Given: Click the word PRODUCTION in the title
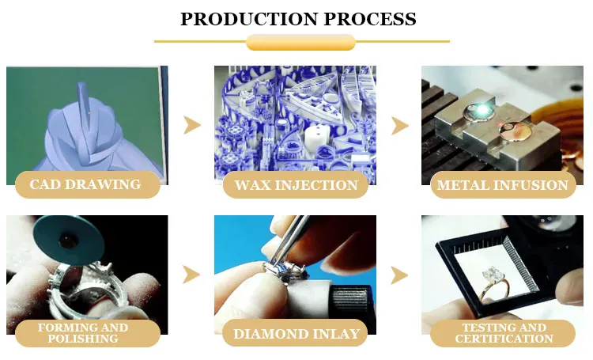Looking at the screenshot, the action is (x=249, y=19).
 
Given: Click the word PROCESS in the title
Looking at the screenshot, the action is (x=370, y=19).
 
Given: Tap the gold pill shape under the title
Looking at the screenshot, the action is (x=300, y=42).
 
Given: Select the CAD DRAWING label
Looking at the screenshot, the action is (x=87, y=184).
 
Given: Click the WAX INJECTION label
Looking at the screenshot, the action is (x=296, y=184).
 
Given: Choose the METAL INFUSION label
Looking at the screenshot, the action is (x=503, y=184).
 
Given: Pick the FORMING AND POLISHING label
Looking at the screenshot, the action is (x=87, y=333).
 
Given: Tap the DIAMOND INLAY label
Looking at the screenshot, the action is (x=296, y=333).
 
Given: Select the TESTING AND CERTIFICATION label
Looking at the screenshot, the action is (x=503, y=333).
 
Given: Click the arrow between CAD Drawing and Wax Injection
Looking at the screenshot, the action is (x=192, y=125).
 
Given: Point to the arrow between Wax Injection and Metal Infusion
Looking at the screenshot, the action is (x=399, y=126).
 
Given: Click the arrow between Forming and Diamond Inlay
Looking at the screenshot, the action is (x=191, y=275).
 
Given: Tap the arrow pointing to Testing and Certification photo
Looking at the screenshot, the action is (x=399, y=275).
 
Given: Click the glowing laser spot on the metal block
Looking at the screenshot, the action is (x=482, y=109).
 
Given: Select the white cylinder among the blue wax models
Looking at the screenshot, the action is (x=318, y=137).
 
